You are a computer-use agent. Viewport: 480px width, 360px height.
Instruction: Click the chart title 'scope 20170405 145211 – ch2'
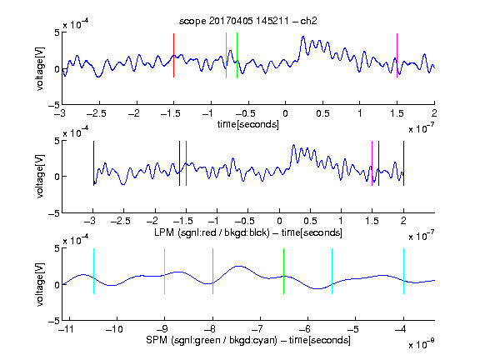tap(248, 21)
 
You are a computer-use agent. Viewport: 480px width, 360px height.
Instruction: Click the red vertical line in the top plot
tap(173, 55)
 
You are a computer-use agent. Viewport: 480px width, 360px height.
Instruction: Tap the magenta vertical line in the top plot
tap(397, 55)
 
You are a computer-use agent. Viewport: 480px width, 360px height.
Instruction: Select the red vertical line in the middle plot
tap(186, 163)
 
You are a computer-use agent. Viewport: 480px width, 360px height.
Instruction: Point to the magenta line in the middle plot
tap(372, 163)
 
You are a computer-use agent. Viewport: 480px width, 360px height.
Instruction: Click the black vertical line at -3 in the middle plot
tap(93, 163)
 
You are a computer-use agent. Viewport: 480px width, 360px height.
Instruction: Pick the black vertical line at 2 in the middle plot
tap(403, 163)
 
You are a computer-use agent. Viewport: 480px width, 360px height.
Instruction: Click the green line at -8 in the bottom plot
tap(212, 271)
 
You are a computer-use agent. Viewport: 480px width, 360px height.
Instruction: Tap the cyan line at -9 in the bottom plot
tap(165, 271)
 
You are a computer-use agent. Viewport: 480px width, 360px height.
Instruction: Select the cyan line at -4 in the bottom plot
tap(403, 271)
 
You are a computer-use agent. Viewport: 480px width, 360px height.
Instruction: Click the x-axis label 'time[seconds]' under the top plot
tap(248, 124)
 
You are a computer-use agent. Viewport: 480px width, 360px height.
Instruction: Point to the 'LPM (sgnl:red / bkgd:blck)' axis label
tap(212, 232)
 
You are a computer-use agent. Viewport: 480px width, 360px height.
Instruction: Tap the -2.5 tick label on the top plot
tap(97, 113)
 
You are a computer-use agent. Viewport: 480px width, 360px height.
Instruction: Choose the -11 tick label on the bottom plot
tap(67, 329)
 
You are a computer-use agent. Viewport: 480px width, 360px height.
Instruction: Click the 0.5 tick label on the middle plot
tap(310, 221)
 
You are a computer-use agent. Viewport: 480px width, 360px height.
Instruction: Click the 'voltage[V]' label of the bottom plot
tap(40, 284)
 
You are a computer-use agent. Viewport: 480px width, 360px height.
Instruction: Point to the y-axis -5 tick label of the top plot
tap(54, 105)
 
